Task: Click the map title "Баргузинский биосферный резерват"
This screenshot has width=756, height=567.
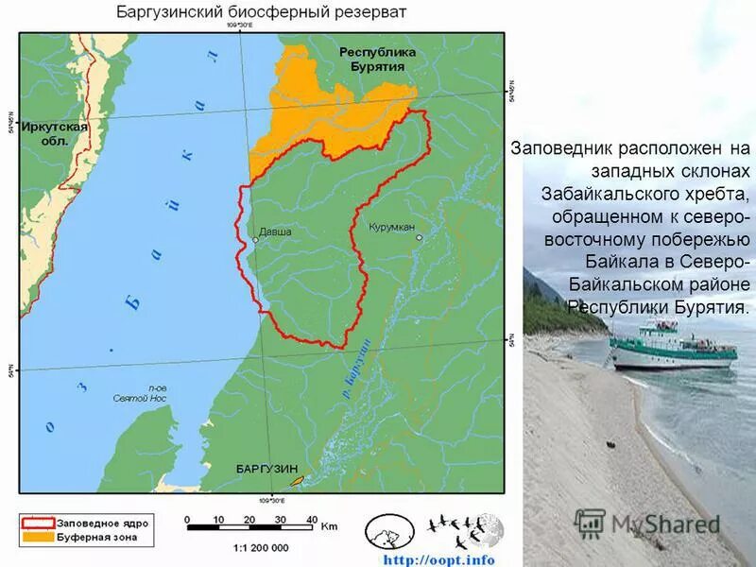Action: tap(261, 12)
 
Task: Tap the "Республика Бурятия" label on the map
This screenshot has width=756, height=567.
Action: tap(371, 60)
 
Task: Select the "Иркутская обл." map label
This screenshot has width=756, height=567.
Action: tap(56, 133)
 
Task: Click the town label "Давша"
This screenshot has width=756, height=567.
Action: tap(275, 232)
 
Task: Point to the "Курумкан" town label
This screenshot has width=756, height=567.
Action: tap(392, 228)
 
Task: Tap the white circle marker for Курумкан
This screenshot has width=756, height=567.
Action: tap(420, 237)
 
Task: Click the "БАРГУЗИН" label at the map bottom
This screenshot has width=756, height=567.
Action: tap(266, 469)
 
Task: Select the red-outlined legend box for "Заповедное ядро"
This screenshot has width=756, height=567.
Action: tap(37, 523)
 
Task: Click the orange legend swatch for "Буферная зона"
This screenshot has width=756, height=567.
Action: tap(37, 537)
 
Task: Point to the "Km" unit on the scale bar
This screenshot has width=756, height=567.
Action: tap(329, 527)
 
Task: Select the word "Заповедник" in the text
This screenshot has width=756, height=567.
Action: tap(561, 149)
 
